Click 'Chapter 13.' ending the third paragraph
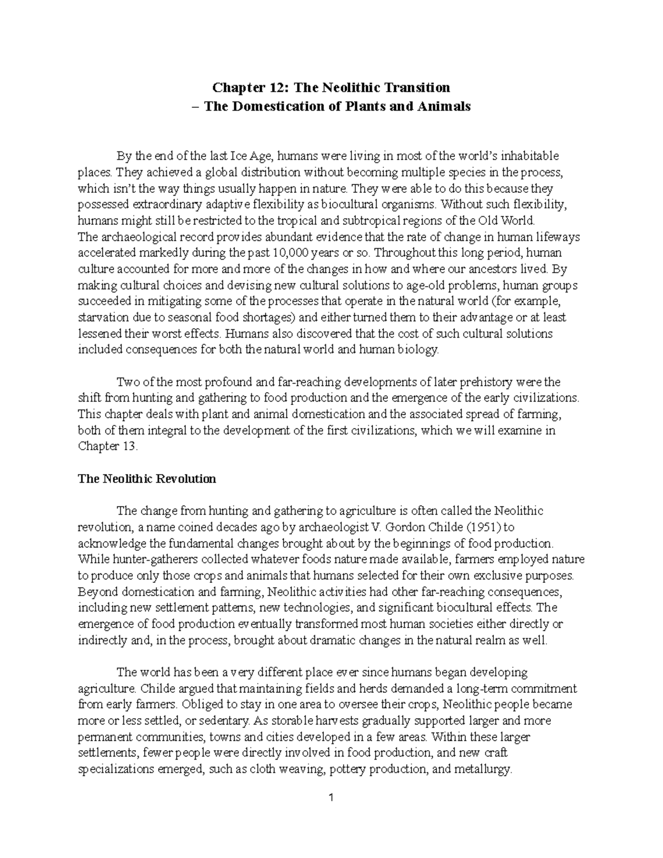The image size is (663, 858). point(107,446)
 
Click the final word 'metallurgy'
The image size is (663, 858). point(485,769)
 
